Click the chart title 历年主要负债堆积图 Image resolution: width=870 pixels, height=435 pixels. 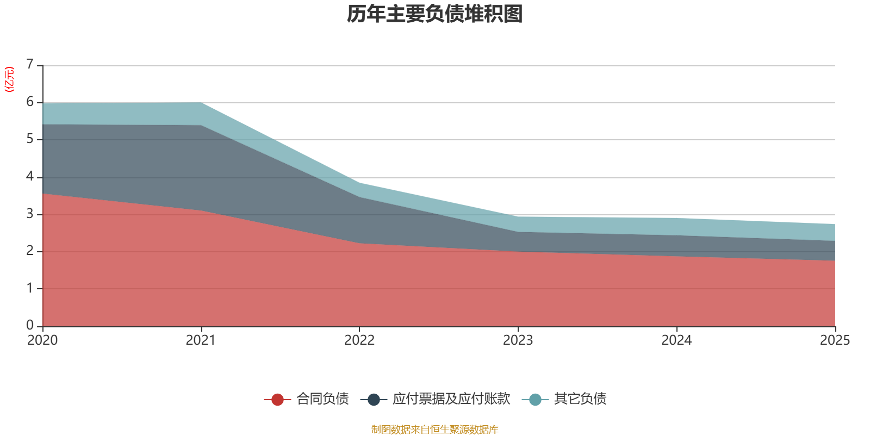pos(434,14)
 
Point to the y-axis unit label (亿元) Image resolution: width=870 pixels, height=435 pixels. pos(9,79)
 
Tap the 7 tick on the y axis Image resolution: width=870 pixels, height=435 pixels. pos(30,64)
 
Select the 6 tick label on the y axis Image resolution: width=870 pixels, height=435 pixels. pos(30,102)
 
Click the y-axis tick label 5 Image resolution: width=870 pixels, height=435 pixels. pos(30,139)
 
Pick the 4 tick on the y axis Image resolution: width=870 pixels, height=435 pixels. pos(30,177)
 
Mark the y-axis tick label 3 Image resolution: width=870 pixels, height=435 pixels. pos(30,214)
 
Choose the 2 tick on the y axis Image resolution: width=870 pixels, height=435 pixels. pos(30,251)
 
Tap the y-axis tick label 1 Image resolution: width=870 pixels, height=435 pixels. pos(30,288)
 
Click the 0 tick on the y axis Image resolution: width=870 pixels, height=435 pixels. pos(30,325)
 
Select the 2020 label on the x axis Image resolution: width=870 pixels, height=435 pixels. pos(42,340)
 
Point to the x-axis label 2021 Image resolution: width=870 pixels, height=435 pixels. pos(201,340)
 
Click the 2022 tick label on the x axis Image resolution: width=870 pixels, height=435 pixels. pos(359,340)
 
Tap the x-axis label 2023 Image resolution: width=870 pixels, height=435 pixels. pos(518,340)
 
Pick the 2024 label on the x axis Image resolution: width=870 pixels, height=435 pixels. pos(676,340)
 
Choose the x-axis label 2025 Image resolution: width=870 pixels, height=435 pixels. pos(835,340)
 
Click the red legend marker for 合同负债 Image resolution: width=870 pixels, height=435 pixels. pos(277,399)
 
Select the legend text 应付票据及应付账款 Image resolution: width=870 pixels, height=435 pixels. pos(451,399)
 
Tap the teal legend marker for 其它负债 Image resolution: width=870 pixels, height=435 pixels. pos(535,399)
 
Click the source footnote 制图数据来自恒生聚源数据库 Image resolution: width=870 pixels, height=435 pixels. pos(434,429)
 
